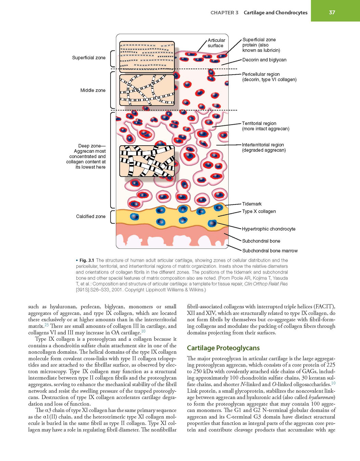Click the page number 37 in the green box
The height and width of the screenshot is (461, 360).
[332, 13]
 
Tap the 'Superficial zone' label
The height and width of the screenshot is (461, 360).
[89, 58]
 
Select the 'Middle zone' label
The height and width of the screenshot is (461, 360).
[93, 90]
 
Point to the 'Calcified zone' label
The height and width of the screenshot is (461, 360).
[91, 216]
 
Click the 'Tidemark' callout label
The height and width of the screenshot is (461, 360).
[252, 204]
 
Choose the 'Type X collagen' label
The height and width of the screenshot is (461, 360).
[259, 211]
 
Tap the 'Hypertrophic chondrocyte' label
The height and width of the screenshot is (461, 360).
[269, 229]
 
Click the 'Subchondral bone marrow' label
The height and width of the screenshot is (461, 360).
[270, 251]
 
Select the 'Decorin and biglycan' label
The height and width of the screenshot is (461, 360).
[264, 60]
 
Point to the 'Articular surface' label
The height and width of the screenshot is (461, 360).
[216, 43]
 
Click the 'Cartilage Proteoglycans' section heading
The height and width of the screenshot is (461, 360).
[223, 348]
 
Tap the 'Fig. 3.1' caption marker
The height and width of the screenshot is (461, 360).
[87, 260]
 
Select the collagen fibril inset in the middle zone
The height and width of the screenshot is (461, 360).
[147, 90]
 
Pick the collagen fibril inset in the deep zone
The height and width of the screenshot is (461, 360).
[147, 161]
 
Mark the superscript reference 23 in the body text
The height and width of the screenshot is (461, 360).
[47, 324]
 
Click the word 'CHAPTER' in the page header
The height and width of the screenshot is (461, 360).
[221, 13]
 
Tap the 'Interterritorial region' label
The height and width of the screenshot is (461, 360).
[263, 145]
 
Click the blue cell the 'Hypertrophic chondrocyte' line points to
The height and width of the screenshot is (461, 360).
[212, 223]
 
